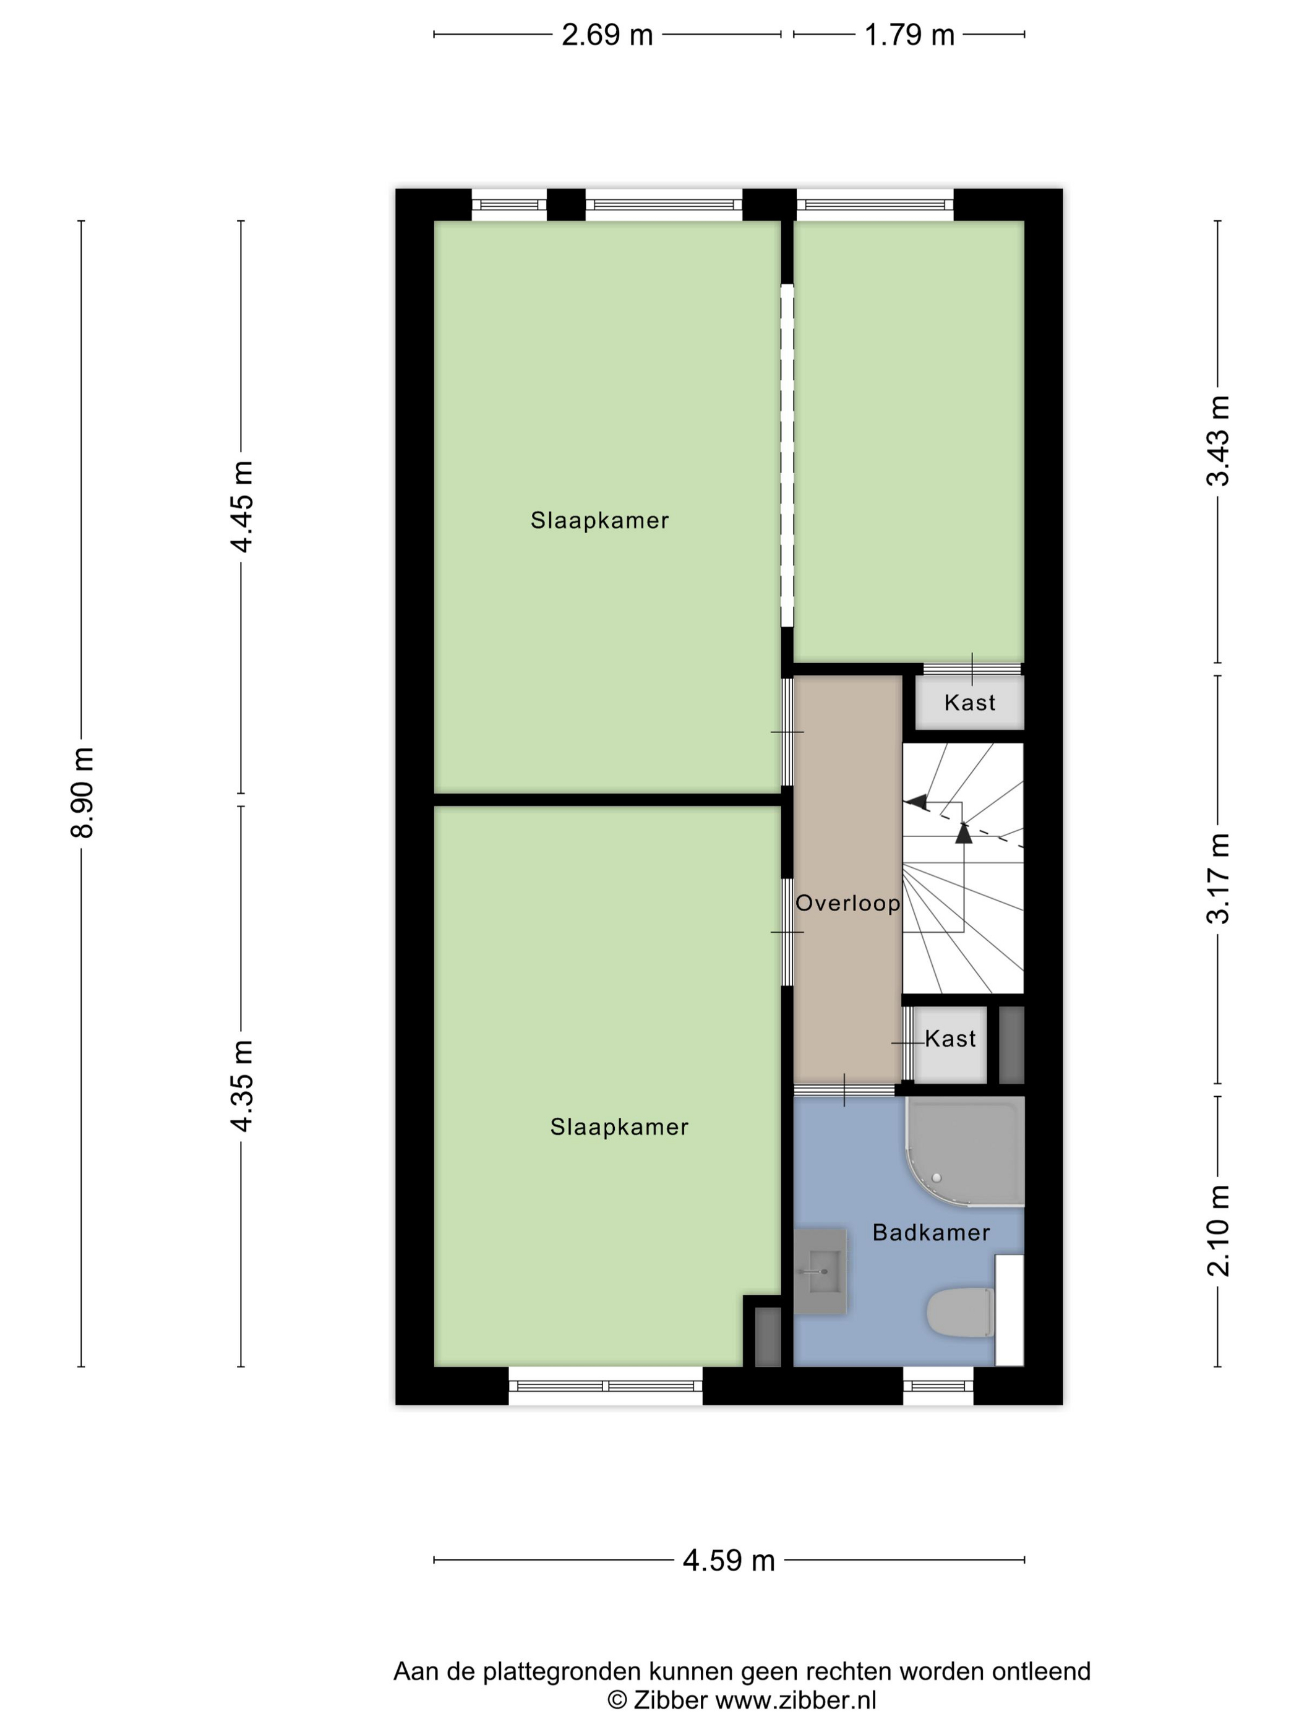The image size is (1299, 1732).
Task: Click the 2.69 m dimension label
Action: click(607, 35)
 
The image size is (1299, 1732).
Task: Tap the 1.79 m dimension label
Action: click(909, 35)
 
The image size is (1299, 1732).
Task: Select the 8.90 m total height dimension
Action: click(82, 792)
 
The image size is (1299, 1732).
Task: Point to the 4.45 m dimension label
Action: click(242, 507)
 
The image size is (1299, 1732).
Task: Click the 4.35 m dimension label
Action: click(242, 1086)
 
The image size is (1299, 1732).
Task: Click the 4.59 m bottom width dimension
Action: click(728, 1561)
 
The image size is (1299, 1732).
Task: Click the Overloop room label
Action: click(847, 904)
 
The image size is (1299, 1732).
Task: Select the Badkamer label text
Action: click(931, 1232)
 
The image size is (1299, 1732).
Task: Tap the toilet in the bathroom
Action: click(960, 1313)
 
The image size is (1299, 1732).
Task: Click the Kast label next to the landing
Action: click(950, 1039)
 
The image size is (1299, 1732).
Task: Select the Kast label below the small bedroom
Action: click(969, 702)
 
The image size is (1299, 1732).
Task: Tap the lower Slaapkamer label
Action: click(619, 1127)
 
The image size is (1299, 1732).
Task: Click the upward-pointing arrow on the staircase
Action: click(963, 833)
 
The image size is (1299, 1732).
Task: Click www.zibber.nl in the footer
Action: click(795, 1700)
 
